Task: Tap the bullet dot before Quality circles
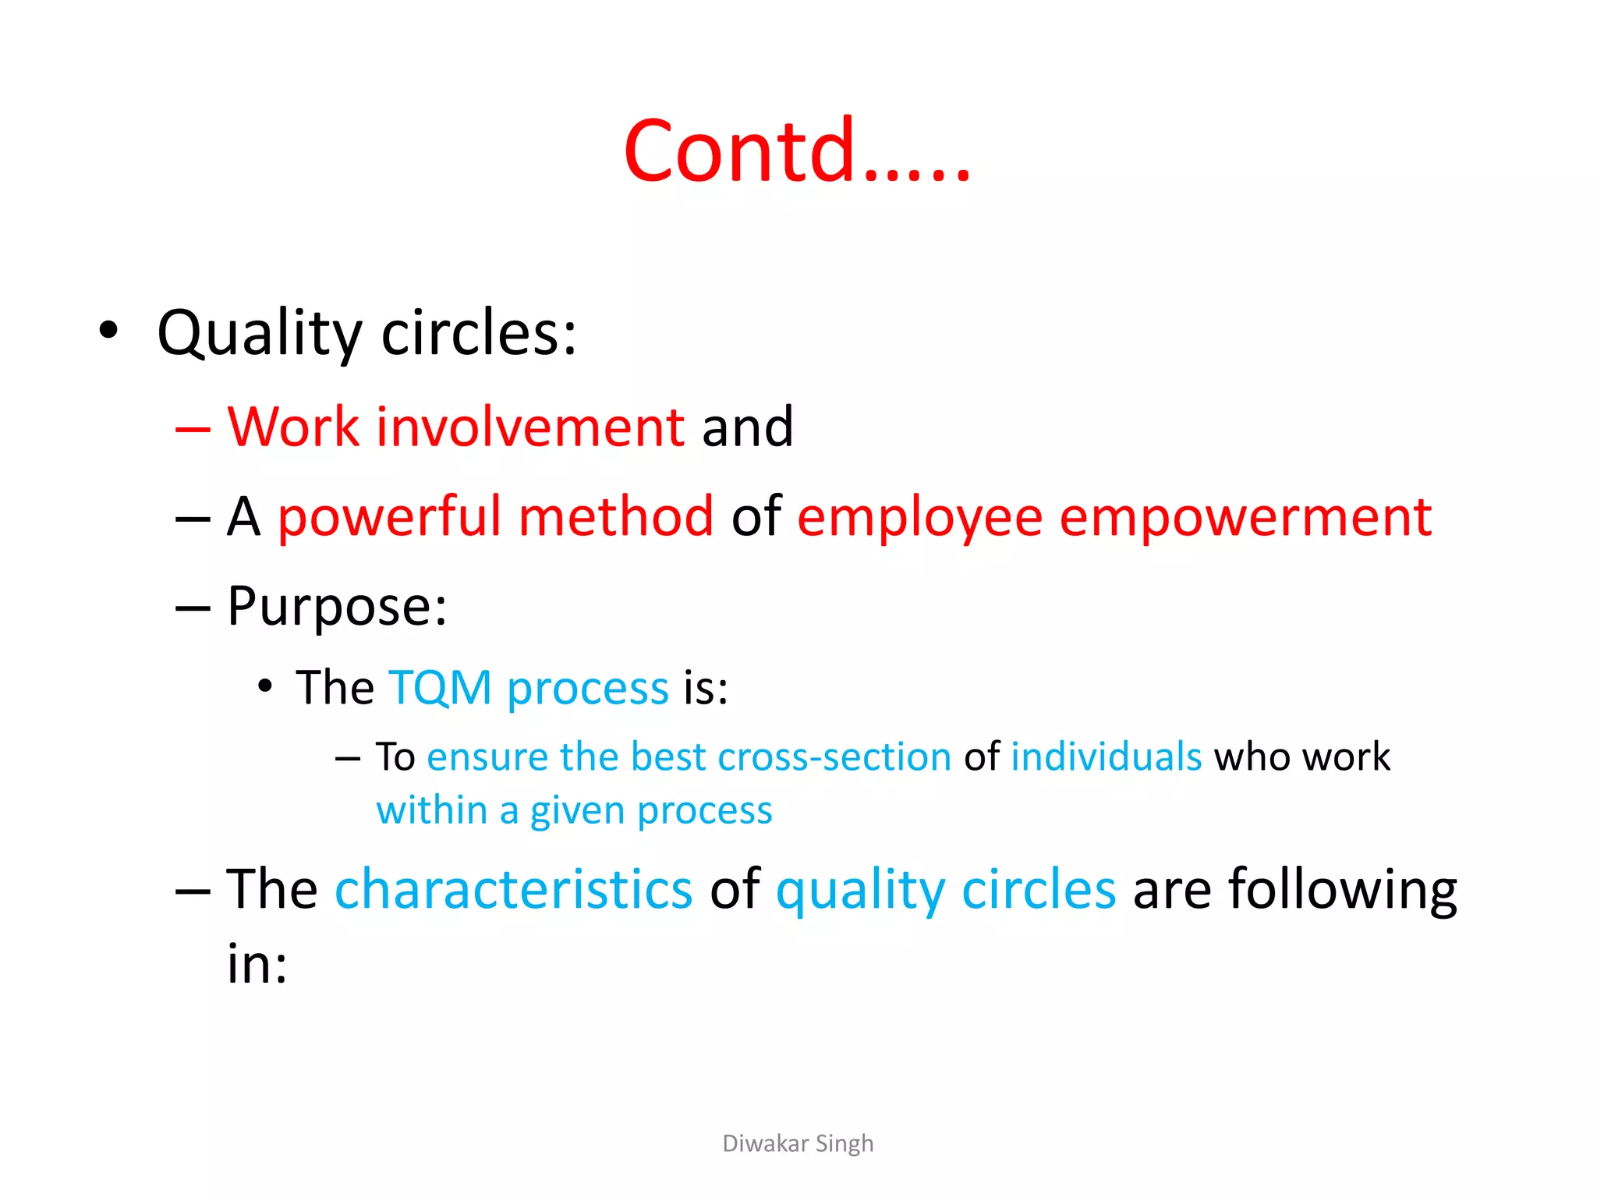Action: pyautogui.click(x=108, y=330)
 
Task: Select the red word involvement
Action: pyautogui.click(x=530, y=427)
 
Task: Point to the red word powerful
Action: pyautogui.click(x=388, y=517)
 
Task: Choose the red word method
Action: pyautogui.click(x=616, y=516)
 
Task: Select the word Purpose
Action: pyautogui.click(x=336, y=607)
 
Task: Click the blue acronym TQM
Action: pyautogui.click(x=440, y=688)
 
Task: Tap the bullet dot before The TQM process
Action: pyautogui.click(x=265, y=686)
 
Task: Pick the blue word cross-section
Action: pyautogui.click(x=834, y=757)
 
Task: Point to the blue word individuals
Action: pyautogui.click(x=1106, y=757)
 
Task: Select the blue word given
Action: pyautogui.click(x=576, y=811)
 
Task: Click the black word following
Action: pyautogui.click(x=1342, y=891)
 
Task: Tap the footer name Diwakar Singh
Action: pyautogui.click(x=798, y=1143)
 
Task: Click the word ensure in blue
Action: pyautogui.click(x=487, y=757)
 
